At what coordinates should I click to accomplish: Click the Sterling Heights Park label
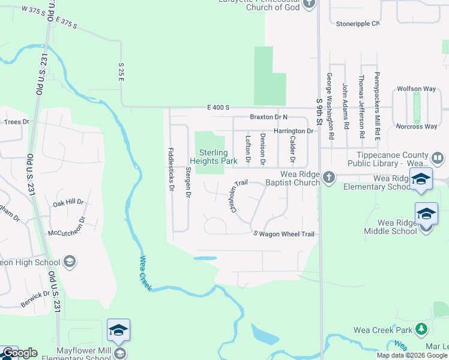pos(214,157)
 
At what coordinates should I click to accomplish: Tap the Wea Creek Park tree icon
pos(421,329)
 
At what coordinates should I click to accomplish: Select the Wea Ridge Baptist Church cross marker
pos(328,177)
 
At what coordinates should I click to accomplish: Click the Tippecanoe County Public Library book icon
pos(438,158)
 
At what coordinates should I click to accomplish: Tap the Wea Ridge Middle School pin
pos(426,214)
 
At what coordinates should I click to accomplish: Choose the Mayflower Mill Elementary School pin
pos(119,330)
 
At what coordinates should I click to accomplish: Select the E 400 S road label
pos(218,107)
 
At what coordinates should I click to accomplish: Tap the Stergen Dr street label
pos(188,182)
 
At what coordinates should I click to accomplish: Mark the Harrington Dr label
pos(294,131)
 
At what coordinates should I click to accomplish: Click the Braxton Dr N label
pos(269,117)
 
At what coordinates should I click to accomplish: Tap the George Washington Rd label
pos(330,106)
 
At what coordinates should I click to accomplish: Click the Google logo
pos(20,353)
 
